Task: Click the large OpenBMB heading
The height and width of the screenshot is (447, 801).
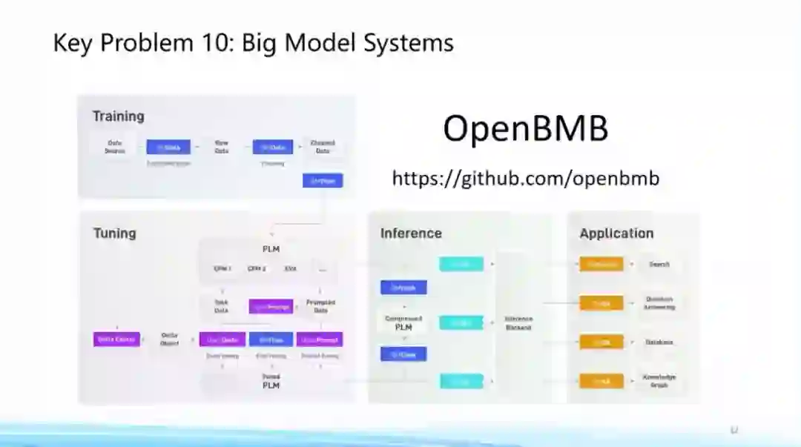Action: [525, 129]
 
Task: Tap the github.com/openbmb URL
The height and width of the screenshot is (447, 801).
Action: [525, 179]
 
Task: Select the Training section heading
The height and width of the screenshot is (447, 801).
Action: [118, 116]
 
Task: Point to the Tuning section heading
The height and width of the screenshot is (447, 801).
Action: [114, 234]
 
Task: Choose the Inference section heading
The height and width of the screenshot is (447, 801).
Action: [411, 234]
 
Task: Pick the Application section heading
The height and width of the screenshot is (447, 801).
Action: [616, 234]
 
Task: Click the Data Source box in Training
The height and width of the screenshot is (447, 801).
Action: [115, 147]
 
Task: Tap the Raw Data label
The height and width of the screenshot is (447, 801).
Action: [221, 147]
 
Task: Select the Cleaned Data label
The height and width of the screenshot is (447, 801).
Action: [323, 147]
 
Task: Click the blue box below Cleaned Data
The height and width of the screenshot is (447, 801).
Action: [323, 180]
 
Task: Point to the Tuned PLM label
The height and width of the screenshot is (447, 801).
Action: [271, 381]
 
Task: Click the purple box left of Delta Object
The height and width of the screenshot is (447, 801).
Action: [116, 339]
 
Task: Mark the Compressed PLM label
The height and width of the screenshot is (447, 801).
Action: [403, 322]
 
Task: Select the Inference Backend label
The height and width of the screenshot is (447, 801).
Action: [518, 322]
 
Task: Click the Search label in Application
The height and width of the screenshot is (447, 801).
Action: [659, 264]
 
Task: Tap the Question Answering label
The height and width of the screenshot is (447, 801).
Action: [659, 302]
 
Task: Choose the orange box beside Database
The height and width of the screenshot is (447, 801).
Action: [601, 342]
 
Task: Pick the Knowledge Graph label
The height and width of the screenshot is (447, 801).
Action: [659, 381]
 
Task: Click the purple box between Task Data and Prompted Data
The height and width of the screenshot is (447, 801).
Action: [271, 306]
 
